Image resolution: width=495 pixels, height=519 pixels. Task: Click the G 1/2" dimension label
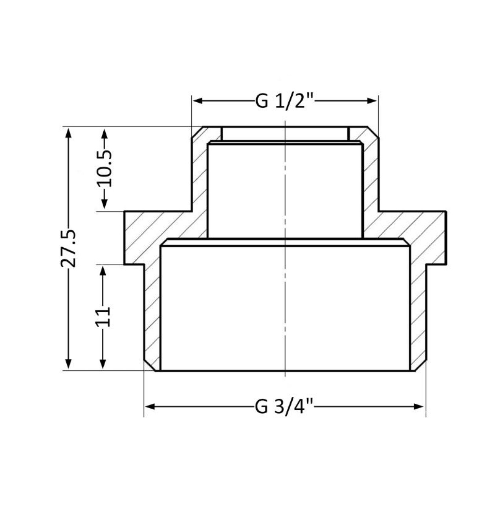(x=284, y=101)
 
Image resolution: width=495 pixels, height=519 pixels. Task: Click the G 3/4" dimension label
(x=284, y=407)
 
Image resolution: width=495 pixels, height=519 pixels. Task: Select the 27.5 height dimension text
(x=68, y=248)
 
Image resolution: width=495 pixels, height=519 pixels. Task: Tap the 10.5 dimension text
(x=104, y=168)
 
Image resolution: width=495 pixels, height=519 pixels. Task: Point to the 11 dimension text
(x=103, y=317)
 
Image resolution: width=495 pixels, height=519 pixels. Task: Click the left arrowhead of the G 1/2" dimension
(x=198, y=101)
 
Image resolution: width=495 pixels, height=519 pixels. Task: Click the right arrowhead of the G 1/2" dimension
(x=372, y=101)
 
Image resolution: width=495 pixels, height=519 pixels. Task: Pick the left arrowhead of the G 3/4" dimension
(x=150, y=407)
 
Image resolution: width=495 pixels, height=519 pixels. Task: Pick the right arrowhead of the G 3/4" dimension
(x=419, y=407)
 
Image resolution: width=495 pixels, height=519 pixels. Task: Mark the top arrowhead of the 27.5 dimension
(x=68, y=133)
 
